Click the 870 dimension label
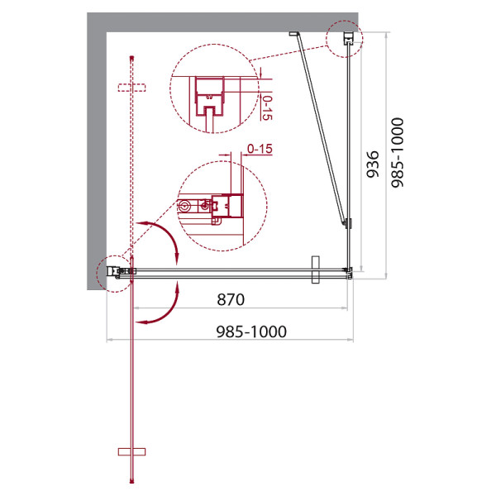pos(231,299)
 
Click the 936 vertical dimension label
pos(372,165)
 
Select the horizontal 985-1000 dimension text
pos(251,331)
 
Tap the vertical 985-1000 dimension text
pos(398,153)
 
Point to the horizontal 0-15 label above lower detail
pos(260,148)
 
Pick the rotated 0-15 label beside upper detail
pos(267,107)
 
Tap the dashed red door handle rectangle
pos(131,88)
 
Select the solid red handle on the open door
pos(131,451)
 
